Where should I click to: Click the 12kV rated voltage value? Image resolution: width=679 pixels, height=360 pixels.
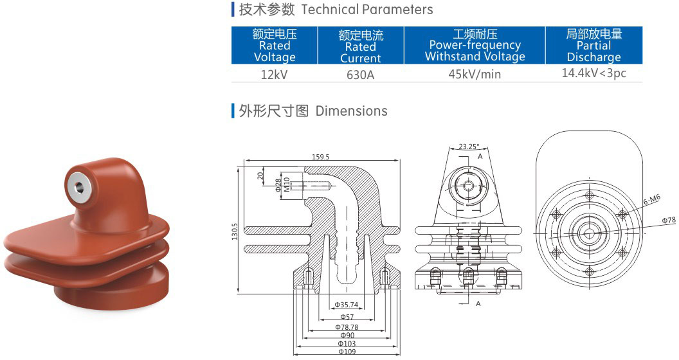(274, 74)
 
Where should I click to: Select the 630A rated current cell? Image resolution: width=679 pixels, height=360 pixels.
(360, 74)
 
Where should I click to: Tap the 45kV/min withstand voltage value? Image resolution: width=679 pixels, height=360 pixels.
(475, 74)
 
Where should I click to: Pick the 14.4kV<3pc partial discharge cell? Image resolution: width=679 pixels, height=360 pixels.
(593, 73)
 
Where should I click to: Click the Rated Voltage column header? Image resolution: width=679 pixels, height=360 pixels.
(275, 46)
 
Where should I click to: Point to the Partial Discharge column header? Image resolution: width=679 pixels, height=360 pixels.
(593, 46)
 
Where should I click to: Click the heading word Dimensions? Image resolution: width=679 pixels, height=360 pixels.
(351, 111)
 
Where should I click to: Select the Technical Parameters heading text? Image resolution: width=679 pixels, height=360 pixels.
(367, 10)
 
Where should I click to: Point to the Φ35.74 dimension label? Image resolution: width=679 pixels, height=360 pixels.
(347, 305)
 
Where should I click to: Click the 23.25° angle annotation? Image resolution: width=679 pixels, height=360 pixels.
(469, 147)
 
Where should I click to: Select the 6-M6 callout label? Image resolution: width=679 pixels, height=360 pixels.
(651, 200)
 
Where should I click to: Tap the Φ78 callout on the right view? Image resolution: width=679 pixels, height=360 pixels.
(669, 221)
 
